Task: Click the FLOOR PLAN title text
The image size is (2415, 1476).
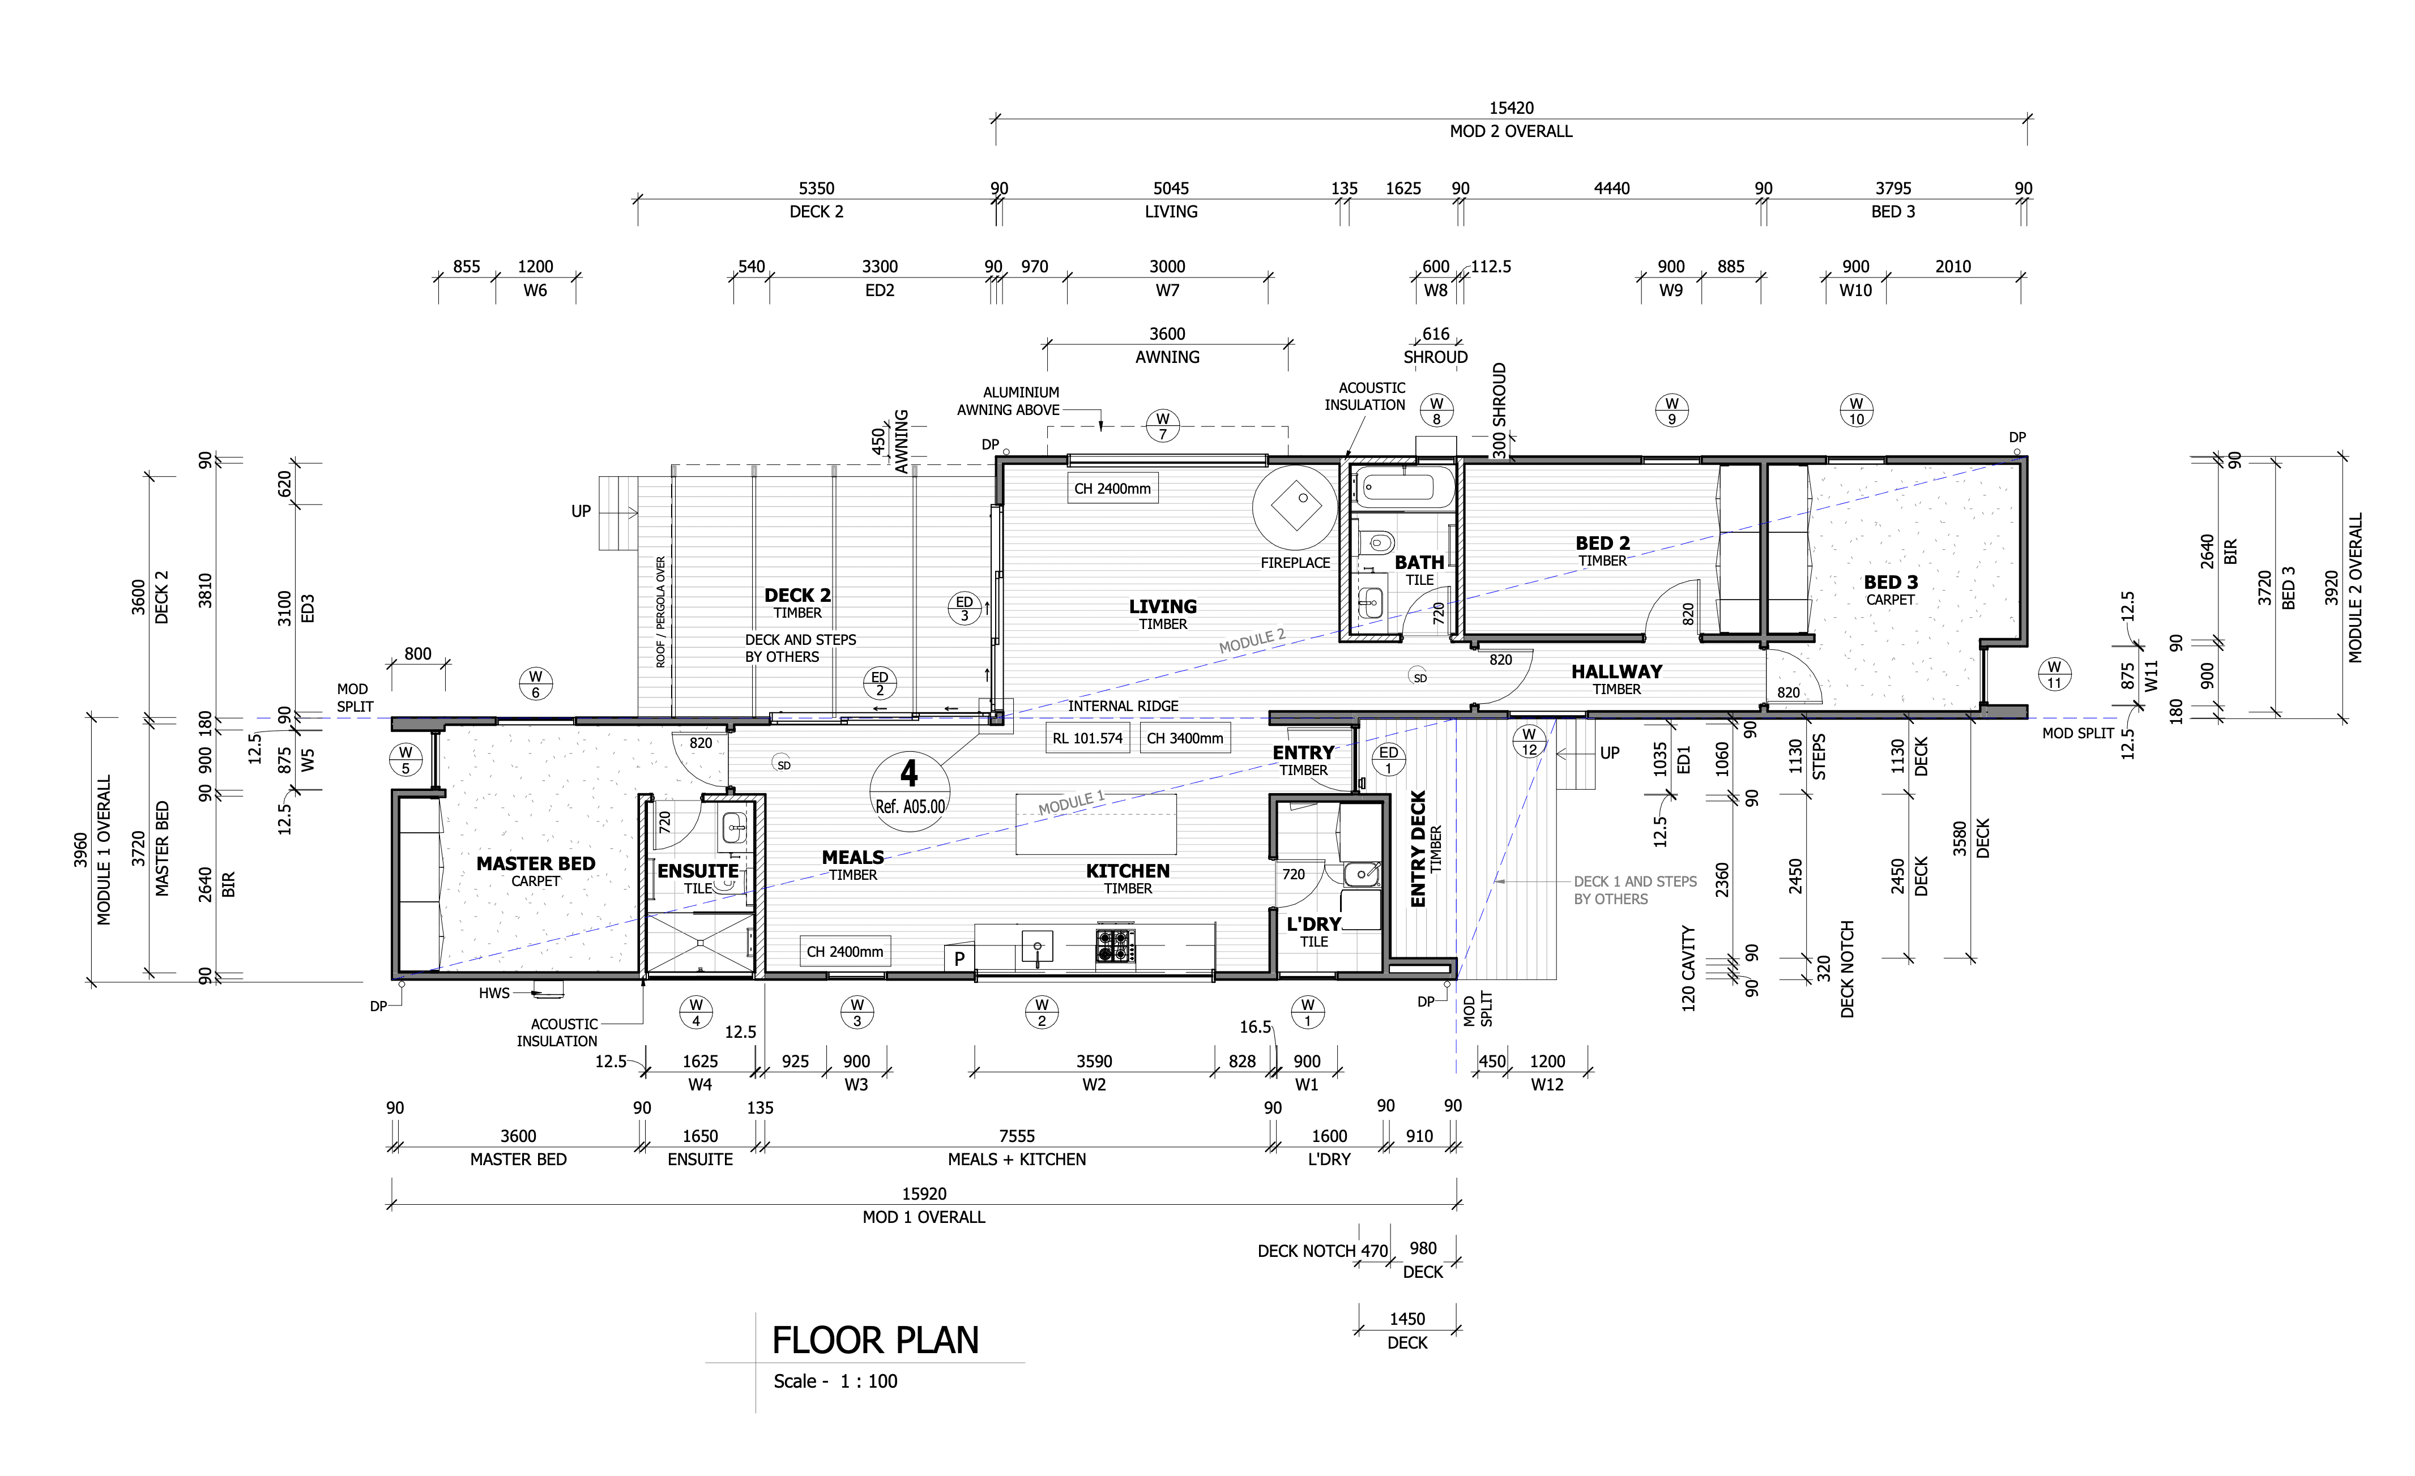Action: click(874, 1340)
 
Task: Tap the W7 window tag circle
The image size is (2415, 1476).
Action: click(1162, 426)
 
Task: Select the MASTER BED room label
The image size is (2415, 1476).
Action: click(535, 863)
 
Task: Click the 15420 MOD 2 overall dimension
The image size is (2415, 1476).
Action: click(1511, 108)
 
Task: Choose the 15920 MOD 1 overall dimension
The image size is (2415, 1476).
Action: click(923, 1193)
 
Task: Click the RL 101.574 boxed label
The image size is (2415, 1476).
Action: click(1087, 738)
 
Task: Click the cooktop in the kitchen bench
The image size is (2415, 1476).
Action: click(1115, 946)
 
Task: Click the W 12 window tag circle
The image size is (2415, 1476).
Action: click(1529, 742)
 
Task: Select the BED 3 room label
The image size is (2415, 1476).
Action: click(1889, 582)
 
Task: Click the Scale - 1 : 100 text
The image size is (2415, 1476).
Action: click(835, 1381)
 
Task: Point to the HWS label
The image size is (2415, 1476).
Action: click(494, 993)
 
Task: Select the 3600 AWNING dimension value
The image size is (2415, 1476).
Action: click(1166, 334)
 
